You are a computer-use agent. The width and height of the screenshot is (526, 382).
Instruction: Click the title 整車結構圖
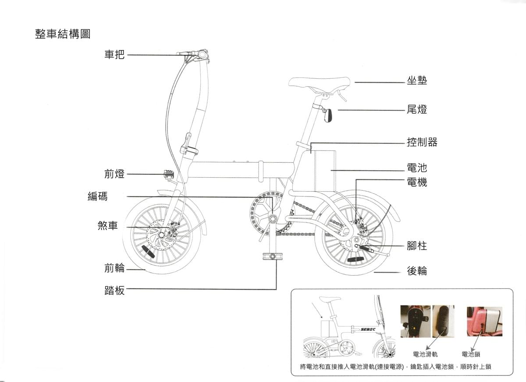[x=63, y=34]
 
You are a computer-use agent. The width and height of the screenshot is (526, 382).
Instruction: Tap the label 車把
[x=114, y=55]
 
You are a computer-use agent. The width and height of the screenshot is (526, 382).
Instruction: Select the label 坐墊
[x=416, y=81]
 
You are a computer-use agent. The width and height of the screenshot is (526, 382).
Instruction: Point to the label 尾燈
[x=416, y=109]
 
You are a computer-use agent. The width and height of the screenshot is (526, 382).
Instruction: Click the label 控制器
[x=422, y=142]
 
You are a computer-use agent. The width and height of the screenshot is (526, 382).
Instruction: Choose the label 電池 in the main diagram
[x=416, y=168]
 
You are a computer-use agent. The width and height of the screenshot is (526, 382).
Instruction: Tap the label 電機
[x=416, y=182]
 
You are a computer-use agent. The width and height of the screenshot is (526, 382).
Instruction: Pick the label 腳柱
[x=416, y=245]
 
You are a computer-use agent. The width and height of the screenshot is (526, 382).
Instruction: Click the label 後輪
[x=416, y=271]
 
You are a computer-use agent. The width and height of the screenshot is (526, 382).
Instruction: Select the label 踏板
[x=114, y=290]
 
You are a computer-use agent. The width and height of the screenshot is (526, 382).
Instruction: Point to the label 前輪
[x=114, y=268]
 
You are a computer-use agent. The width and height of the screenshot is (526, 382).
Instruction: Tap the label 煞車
[x=108, y=226]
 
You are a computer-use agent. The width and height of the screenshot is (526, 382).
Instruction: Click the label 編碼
[x=97, y=196]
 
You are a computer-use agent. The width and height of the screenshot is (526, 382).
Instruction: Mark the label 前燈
[x=114, y=174]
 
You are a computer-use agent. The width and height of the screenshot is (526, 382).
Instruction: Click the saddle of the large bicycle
[x=319, y=82]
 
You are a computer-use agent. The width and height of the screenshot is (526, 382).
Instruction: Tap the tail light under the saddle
[x=328, y=116]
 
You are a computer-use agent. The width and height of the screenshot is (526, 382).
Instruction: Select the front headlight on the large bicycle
[x=168, y=175]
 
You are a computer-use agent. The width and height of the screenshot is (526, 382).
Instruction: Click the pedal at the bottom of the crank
[x=271, y=256]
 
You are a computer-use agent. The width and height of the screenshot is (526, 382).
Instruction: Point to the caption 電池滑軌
[x=425, y=354]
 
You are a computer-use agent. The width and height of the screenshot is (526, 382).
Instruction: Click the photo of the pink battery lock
[x=484, y=322]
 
